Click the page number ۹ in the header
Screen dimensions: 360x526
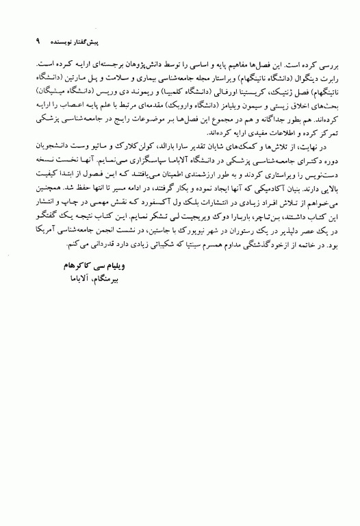[28, 42]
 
